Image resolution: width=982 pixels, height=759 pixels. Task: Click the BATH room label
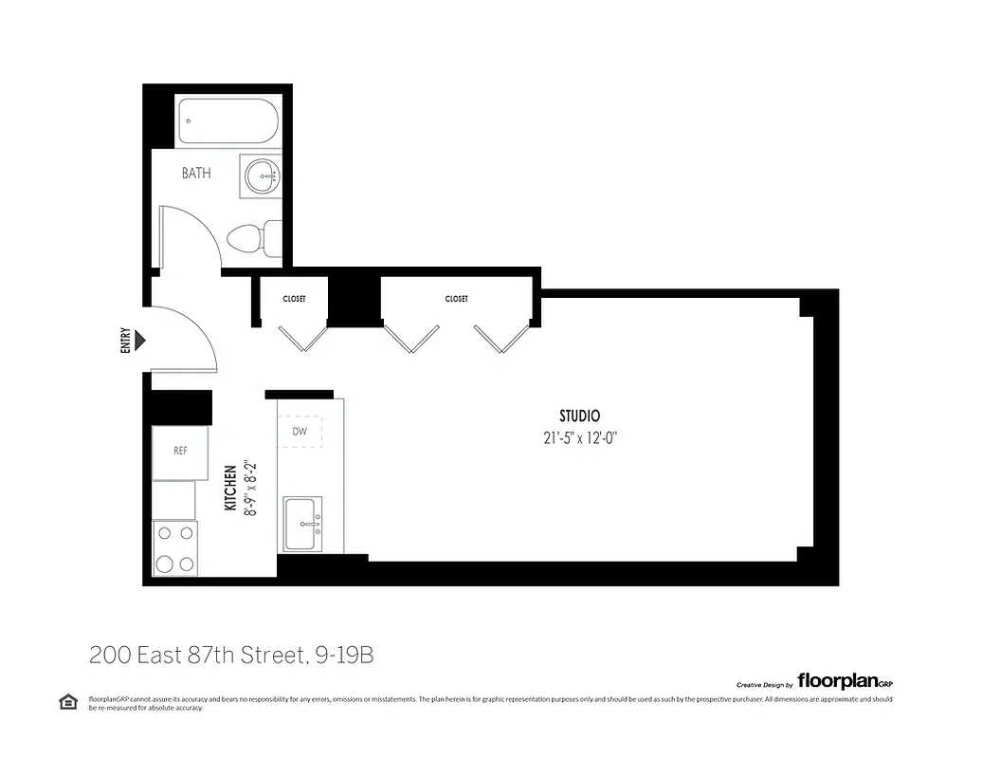[x=196, y=174]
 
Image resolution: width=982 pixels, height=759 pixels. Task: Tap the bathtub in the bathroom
[x=228, y=121]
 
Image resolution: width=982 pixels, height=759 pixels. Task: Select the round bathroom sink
[x=261, y=176]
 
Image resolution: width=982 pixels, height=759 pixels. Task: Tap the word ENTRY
[x=125, y=341]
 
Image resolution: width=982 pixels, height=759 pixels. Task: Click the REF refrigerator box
[x=181, y=451]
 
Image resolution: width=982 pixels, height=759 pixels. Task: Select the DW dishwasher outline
[x=300, y=432]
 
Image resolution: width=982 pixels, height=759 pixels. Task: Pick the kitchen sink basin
[x=304, y=523]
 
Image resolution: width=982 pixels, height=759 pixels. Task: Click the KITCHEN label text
[x=230, y=489]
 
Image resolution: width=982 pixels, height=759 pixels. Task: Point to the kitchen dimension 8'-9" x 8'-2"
[x=249, y=489]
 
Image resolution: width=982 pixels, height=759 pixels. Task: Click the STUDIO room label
[x=579, y=416]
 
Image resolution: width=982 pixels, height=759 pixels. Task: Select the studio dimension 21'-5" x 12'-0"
[x=579, y=437]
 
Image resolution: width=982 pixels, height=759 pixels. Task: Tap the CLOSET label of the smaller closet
[x=294, y=299]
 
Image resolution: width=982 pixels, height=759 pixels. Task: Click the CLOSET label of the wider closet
[x=456, y=299]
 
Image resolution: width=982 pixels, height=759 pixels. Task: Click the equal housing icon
[x=68, y=702]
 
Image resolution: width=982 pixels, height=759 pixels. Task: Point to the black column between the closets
[x=355, y=298]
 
